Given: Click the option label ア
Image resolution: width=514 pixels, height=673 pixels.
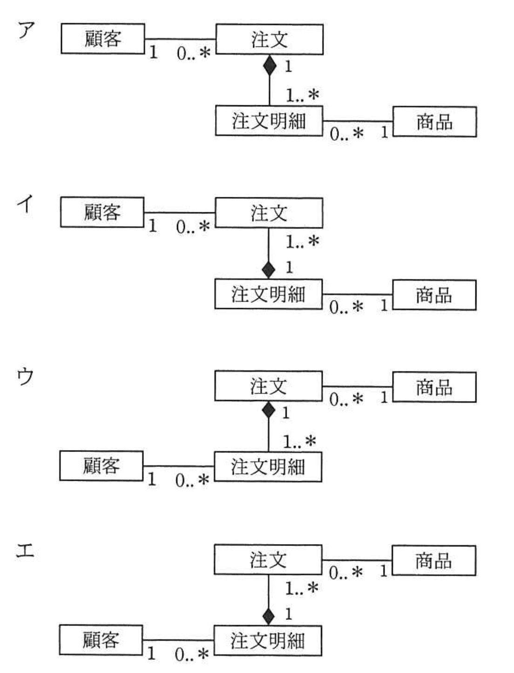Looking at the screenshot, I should pyautogui.click(x=26, y=31).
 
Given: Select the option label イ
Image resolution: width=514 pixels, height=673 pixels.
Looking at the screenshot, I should pyautogui.click(x=25, y=203).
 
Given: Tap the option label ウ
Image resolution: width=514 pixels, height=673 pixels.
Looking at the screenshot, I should pyautogui.click(x=25, y=376).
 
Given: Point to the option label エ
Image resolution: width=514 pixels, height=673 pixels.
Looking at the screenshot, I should pyautogui.click(x=25, y=552).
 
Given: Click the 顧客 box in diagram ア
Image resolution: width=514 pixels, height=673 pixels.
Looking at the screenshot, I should pyautogui.click(x=102, y=39).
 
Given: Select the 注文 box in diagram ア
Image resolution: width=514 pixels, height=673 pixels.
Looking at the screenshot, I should pyautogui.click(x=269, y=40).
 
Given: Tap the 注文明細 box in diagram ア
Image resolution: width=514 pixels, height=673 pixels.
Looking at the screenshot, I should pyautogui.click(x=269, y=121).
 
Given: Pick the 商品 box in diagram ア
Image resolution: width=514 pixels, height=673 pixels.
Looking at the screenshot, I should pyautogui.click(x=434, y=122).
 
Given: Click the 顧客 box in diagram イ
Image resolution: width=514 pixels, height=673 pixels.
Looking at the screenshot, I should pyautogui.click(x=102, y=213).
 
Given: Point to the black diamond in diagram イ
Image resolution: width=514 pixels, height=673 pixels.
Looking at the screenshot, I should pyautogui.click(x=269, y=269).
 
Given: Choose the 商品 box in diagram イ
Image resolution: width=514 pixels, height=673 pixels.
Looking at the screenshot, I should pyautogui.click(x=434, y=295).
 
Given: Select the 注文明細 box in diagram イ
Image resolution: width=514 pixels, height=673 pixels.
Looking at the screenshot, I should pyautogui.click(x=268, y=294).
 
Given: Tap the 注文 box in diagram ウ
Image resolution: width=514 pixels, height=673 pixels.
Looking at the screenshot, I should pyautogui.click(x=268, y=386).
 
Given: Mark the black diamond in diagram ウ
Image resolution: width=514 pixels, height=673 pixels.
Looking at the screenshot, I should pyautogui.click(x=269, y=411).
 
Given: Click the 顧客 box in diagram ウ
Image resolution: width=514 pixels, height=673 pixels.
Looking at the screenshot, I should pyautogui.click(x=101, y=466).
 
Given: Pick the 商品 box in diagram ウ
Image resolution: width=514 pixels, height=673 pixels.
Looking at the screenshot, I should pyautogui.click(x=434, y=387).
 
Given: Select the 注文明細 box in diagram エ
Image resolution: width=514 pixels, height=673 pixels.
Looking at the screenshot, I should pyautogui.click(x=267, y=641).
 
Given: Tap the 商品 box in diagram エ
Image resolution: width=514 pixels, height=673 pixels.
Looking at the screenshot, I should pyautogui.click(x=433, y=561).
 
